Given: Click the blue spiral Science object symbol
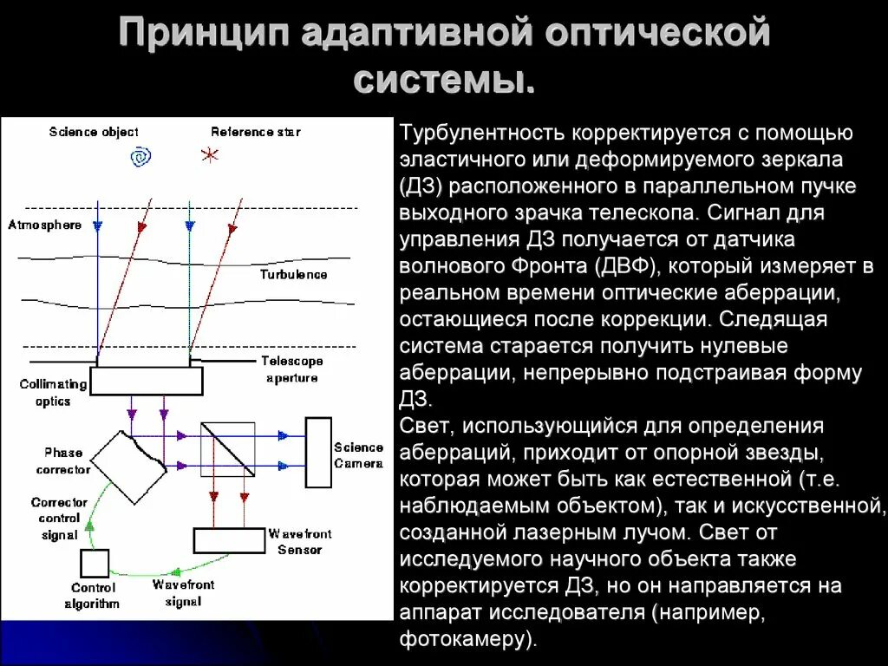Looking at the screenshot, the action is pyautogui.click(x=140, y=157).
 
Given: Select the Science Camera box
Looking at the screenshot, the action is pyautogui.click(x=318, y=452).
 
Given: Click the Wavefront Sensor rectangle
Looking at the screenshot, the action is pyautogui.click(x=228, y=540).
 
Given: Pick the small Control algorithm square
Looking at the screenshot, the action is pyautogui.click(x=94, y=564).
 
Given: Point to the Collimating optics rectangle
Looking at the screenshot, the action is pyautogui.click(x=146, y=381).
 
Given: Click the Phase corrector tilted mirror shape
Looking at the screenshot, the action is pyautogui.click(x=129, y=466).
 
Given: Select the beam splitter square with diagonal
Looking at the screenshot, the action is pyautogui.click(x=228, y=449).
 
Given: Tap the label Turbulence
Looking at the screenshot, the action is pyautogui.click(x=293, y=274).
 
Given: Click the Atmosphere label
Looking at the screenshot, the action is pyautogui.click(x=44, y=225).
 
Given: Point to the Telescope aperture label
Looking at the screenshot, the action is pyautogui.click(x=292, y=369).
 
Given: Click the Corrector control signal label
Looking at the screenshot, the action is pyautogui.click(x=59, y=519).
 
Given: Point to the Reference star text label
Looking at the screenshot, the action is pyautogui.click(x=256, y=132).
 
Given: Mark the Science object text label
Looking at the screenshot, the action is pyautogui.click(x=94, y=132).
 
